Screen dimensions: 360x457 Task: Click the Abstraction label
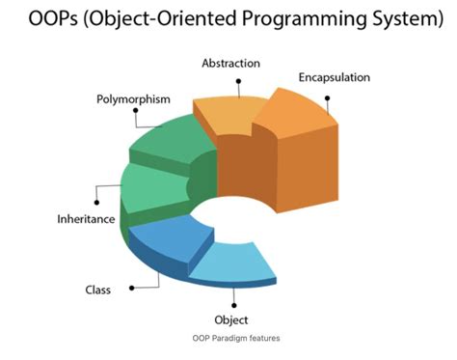pyautogui.click(x=230, y=63)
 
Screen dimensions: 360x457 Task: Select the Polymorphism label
pyautogui.click(x=134, y=99)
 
